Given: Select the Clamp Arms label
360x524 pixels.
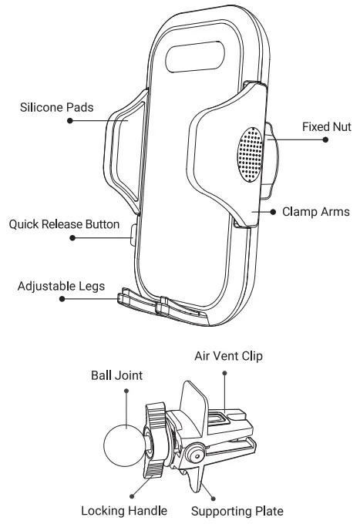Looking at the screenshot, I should (315, 210).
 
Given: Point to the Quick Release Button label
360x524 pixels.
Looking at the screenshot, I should (64, 225).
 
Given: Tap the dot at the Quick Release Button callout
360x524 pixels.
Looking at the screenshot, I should (72, 239).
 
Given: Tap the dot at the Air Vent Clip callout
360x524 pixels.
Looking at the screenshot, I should (224, 372).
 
